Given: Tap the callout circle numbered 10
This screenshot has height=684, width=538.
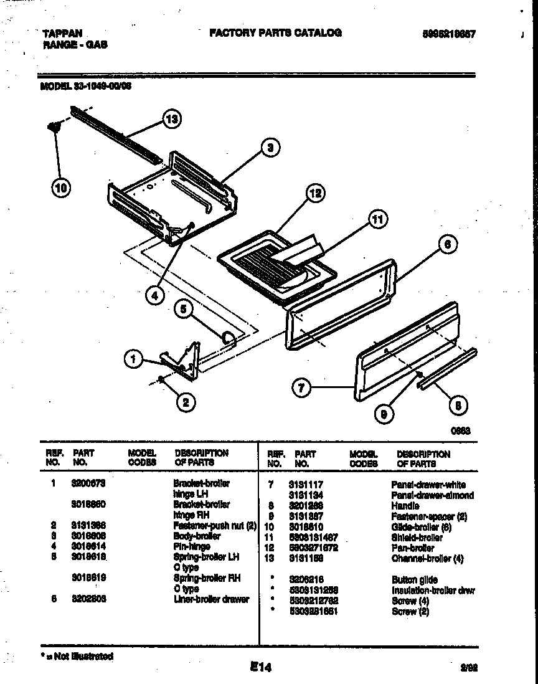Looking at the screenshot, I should (x=61, y=187).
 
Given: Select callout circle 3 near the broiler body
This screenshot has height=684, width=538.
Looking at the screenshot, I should (x=269, y=148).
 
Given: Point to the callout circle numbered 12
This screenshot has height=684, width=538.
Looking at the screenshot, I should (x=316, y=194).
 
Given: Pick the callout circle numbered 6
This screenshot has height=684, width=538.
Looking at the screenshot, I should (x=447, y=245).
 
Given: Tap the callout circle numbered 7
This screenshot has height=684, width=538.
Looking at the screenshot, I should (x=301, y=387).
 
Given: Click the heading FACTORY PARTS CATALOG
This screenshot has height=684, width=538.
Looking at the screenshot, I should (x=275, y=33).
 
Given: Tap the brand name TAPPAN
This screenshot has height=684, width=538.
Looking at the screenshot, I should (x=62, y=34).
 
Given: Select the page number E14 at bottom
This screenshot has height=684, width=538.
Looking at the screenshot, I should (x=261, y=667).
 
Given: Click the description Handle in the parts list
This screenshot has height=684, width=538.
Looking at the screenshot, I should (x=405, y=506).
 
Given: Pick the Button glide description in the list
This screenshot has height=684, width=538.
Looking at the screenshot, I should (x=414, y=579).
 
